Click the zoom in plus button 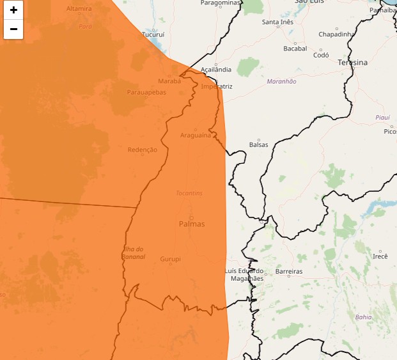pyautogui.click(x=13, y=10)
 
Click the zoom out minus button pyautogui.click(x=13, y=29)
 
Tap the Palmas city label pyautogui.click(x=192, y=224)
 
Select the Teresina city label pyautogui.click(x=353, y=63)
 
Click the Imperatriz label pyautogui.click(x=217, y=86)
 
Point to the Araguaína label pyautogui.click(x=195, y=135)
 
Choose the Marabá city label pyautogui.click(x=169, y=81)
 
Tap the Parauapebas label pyautogui.click(x=146, y=92)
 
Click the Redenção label pyautogui.click(x=143, y=150)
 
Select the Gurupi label pyautogui.click(x=170, y=259)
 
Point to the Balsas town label pyautogui.click(x=259, y=145)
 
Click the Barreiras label pyautogui.click(x=288, y=272)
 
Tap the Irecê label pyautogui.click(x=380, y=256)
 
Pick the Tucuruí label pyautogui.click(x=153, y=35)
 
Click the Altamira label pyautogui.click(x=79, y=8)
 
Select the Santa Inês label pyautogui.click(x=277, y=22)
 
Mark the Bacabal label pyautogui.click(x=295, y=48)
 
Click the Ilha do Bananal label pyautogui.click(x=134, y=253)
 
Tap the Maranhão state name pyautogui.click(x=282, y=81)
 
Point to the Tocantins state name pyautogui.click(x=189, y=192)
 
